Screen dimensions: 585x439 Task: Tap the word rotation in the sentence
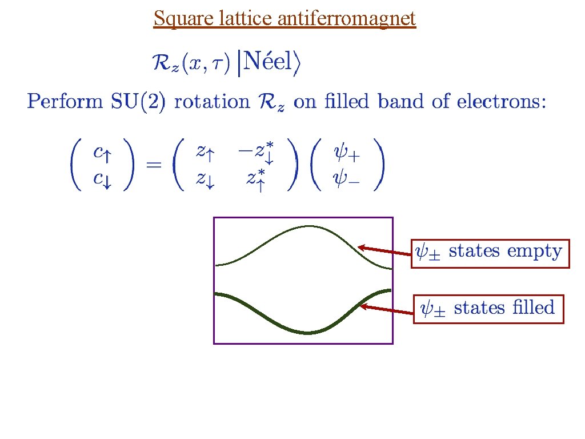(x=212, y=102)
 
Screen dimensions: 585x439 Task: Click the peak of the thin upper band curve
(x=307, y=226)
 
